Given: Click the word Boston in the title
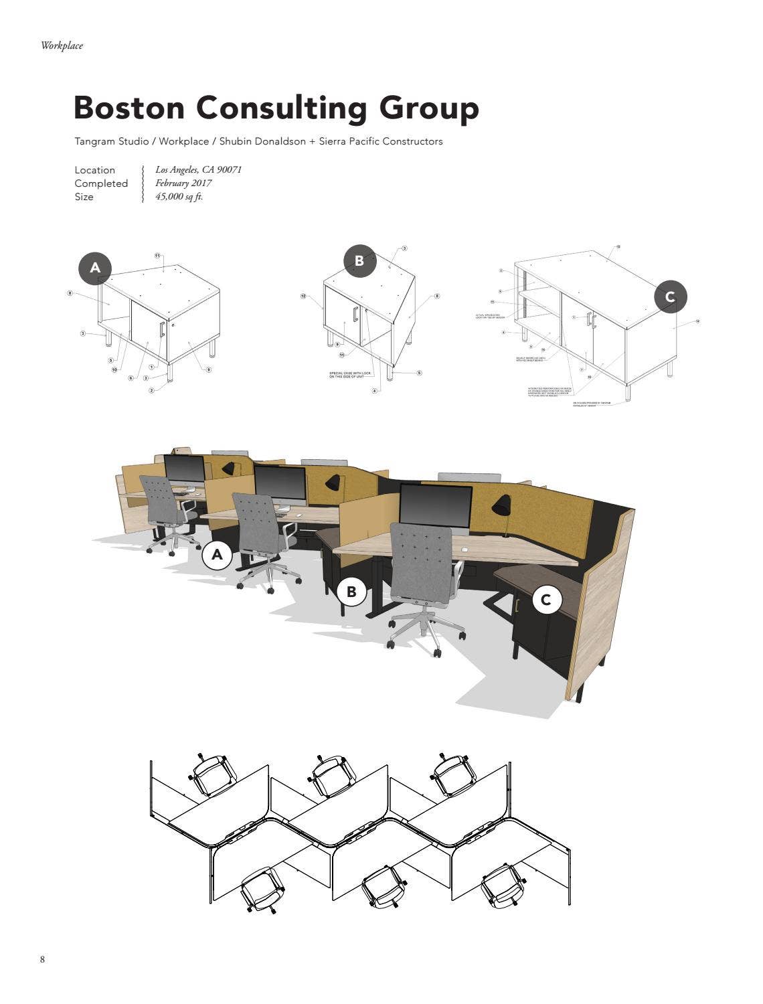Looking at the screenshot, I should [127, 108].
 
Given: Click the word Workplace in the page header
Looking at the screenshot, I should [62, 46].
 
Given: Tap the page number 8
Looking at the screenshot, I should [43, 960].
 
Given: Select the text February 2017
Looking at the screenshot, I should [183, 183].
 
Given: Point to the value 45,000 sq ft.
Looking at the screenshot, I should [179, 197].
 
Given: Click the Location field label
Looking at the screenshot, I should [94, 170].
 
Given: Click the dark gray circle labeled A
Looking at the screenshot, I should [95, 268].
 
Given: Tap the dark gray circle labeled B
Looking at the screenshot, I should [359, 261].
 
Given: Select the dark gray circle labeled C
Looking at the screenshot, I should [670, 297].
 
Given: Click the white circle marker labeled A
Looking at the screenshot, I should [217, 555].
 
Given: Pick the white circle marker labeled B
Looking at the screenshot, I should [351, 592].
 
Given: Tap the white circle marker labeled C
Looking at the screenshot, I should [545, 600].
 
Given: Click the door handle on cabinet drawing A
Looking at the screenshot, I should [162, 329].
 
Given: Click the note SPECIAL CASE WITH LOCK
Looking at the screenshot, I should [349, 375].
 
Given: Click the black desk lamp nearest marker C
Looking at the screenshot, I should [502, 507].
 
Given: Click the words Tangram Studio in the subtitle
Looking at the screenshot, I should [111, 141].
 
